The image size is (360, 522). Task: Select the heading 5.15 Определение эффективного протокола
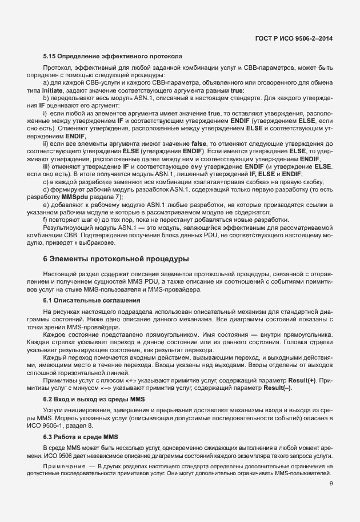pyautogui.click(x=113, y=57)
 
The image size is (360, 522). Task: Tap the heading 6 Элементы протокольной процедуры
pyautogui.click(x=117, y=259)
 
